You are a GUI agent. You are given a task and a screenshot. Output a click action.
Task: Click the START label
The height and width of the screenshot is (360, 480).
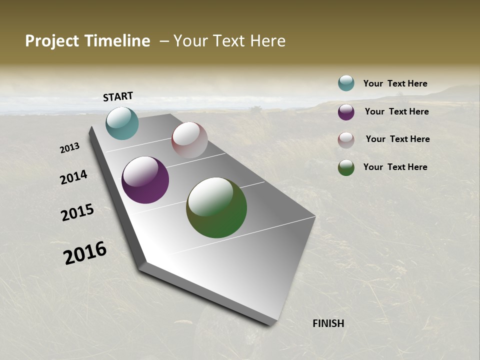tap(118, 96)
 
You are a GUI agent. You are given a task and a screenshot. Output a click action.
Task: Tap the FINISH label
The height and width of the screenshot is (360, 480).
tap(328, 323)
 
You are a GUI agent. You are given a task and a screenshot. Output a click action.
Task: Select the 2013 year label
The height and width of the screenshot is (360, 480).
tap(69, 148)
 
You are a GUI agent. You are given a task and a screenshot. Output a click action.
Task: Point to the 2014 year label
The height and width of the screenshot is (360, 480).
tap(73, 177)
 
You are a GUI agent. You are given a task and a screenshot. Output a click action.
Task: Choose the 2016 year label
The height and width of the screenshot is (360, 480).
tap(85, 253)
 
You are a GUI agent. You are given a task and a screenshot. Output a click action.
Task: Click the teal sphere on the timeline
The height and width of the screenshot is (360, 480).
tap(122, 123)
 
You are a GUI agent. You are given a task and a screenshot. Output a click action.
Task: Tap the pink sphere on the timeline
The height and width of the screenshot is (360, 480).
tap(189, 140)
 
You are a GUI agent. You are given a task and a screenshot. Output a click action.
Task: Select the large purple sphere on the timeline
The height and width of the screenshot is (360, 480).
tap(145, 180)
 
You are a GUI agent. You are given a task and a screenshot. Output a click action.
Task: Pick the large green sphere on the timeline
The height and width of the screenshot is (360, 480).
tap(216, 207)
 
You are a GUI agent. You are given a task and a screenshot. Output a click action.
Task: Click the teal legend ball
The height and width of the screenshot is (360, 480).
tap(346, 83)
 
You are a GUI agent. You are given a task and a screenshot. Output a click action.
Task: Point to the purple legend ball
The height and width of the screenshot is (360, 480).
tap(346, 112)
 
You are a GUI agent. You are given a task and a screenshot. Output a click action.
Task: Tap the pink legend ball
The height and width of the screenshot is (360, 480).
tap(346, 140)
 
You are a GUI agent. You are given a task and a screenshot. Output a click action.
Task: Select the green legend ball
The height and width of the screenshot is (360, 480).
tap(346, 167)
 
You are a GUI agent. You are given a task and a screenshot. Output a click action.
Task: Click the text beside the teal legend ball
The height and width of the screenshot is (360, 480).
tap(395, 83)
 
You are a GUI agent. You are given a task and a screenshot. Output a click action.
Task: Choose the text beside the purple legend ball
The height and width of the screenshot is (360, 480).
tap(396, 111)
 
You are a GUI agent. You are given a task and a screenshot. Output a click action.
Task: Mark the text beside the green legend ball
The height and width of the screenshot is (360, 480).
tap(395, 167)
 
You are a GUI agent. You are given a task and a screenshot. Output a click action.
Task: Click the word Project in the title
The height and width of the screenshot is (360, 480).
tap(52, 41)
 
